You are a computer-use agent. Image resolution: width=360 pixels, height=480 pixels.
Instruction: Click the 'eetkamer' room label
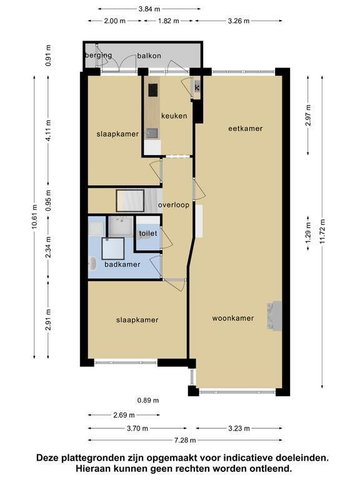click(245, 129)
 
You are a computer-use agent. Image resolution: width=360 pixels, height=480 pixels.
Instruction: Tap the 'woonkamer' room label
click(233, 318)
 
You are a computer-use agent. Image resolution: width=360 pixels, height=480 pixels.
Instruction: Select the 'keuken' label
click(174, 116)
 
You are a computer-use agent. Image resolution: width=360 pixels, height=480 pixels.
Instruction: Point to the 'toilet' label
click(148, 233)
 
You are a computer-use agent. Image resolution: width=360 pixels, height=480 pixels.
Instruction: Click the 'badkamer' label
click(122, 264)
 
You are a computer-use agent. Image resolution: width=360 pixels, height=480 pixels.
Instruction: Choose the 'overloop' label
click(174, 205)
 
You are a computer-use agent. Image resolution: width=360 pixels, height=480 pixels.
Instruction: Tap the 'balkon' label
click(149, 56)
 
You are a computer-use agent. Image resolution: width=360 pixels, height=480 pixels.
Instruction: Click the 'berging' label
click(98, 56)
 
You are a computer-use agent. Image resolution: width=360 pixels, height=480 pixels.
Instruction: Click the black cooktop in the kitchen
click(153, 90)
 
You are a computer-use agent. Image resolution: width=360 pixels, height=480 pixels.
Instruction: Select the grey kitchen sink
click(152, 133)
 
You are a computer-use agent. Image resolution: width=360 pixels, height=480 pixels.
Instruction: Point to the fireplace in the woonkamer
click(274, 316)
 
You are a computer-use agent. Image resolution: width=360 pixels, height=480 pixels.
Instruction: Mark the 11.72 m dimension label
click(322, 231)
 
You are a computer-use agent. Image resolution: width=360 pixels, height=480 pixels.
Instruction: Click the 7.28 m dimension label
click(185, 440)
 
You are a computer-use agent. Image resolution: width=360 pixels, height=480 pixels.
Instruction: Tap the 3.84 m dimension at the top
click(149, 9)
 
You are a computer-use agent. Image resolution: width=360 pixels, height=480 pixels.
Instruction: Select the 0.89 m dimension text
click(148, 400)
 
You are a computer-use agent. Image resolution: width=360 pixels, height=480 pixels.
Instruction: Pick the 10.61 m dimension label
click(34, 217)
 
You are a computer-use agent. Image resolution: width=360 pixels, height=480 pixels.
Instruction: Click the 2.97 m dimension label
click(308, 115)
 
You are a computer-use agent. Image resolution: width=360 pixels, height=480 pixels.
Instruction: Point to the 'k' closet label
click(197, 88)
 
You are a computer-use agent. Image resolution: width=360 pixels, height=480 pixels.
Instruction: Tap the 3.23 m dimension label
click(239, 428)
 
